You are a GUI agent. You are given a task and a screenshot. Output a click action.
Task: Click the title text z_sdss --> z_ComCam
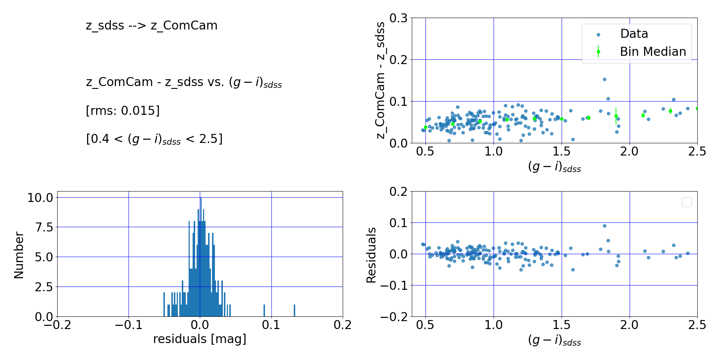[x=152, y=26]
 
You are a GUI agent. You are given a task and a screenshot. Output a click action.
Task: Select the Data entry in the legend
[x=634, y=34]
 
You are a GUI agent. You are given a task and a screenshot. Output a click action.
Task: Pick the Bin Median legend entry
[x=653, y=52]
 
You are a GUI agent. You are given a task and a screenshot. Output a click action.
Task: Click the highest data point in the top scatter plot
[x=604, y=79]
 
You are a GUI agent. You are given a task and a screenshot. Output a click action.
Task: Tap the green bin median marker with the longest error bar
[x=616, y=116]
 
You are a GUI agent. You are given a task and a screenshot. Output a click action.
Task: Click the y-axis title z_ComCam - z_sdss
[x=381, y=80]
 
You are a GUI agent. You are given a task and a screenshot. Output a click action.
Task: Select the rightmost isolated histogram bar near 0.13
[x=294, y=311]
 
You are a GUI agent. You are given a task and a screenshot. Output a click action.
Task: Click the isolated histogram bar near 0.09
[x=264, y=311]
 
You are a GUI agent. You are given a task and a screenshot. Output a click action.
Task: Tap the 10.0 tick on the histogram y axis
[x=40, y=198]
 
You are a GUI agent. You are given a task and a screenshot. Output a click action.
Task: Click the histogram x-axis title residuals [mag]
[x=200, y=339]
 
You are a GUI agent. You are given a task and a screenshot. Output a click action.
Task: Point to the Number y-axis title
[x=19, y=255]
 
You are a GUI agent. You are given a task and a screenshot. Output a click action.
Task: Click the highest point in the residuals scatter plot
[x=604, y=226]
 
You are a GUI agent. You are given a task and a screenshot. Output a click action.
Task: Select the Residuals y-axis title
[x=371, y=255]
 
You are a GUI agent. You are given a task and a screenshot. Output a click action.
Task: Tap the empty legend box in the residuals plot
[x=687, y=202]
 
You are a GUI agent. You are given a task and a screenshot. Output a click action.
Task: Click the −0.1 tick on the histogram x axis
[x=129, y=325]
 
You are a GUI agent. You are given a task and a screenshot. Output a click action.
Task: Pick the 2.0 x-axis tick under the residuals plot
[x=629, y=325]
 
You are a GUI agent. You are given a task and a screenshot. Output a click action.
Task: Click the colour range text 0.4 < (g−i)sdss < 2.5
[x=154, y=139]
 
